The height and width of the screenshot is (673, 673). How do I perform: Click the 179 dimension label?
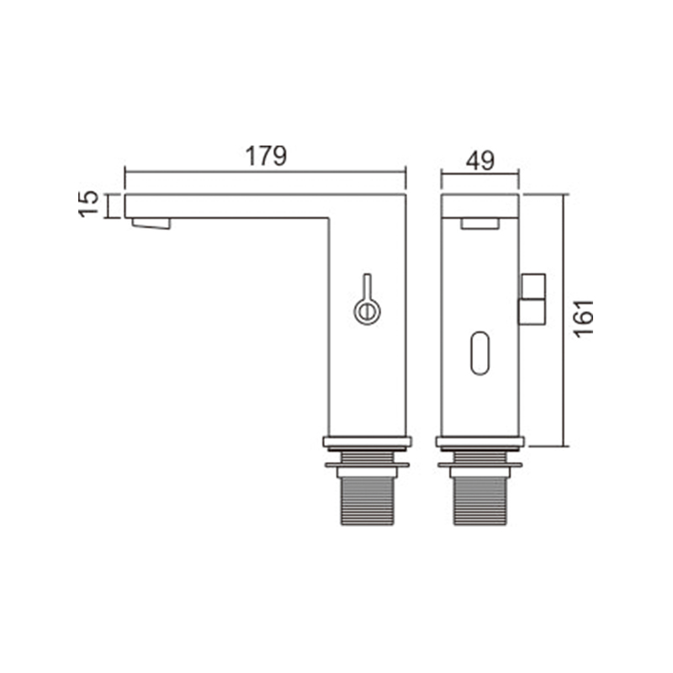pyautogui.click(x=266, y=156)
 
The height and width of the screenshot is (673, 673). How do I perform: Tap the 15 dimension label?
pyautogui.click(x=89, y=204)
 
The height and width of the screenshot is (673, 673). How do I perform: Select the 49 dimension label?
pyautogui.click(x=480, y=161)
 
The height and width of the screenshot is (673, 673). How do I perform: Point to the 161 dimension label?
pyautogui.click(x=584, y=319)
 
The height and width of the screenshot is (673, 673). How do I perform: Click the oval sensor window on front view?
pyautogui.click(x=480, y=352)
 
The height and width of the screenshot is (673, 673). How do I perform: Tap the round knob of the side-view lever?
pyautogui.click(x=367, y=311)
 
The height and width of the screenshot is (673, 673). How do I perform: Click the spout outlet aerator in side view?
pyautogui.click(x=151, y=224)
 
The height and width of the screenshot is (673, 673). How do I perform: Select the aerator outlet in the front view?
pyautogui.click(x=480, y=224)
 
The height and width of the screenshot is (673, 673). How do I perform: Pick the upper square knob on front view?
pyautogui.click(x=533, y=286)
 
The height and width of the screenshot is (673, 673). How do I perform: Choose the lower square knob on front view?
pyautogui.click(x=533, y=312)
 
